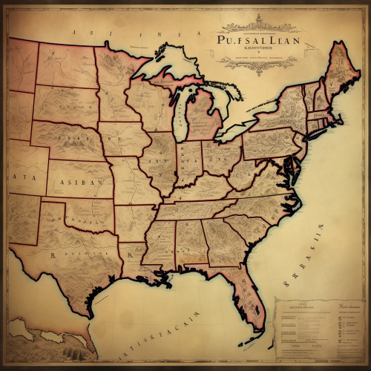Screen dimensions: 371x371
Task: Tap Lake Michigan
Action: point(179,115)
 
